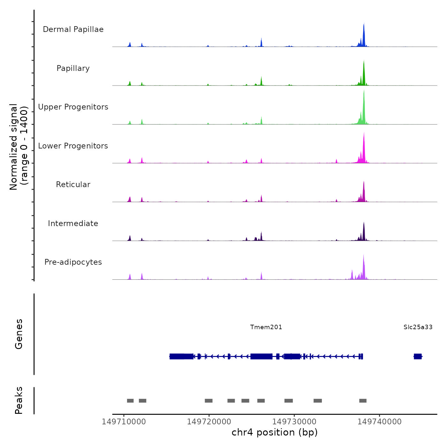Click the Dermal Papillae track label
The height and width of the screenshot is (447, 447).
73,29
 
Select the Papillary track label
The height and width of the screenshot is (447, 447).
73,68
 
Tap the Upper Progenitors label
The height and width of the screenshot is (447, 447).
73,107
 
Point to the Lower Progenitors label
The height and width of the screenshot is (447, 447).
73,146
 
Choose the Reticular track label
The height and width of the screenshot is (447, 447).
73,185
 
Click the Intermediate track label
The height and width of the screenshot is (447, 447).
73,223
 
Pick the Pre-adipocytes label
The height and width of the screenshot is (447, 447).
73,262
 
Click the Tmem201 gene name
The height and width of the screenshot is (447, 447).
266,327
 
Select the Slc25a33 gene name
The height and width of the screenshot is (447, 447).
418,327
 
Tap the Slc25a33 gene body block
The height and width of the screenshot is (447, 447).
418,356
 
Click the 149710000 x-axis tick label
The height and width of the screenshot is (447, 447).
124,421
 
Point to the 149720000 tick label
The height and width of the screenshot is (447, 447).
209,421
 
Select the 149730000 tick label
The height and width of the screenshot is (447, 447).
294,421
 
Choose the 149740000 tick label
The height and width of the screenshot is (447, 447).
380,421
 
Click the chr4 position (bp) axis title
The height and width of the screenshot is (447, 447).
275,432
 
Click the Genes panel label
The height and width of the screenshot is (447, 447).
19,334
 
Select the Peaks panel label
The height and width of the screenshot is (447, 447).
19,400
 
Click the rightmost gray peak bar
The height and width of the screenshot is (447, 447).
363,401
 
